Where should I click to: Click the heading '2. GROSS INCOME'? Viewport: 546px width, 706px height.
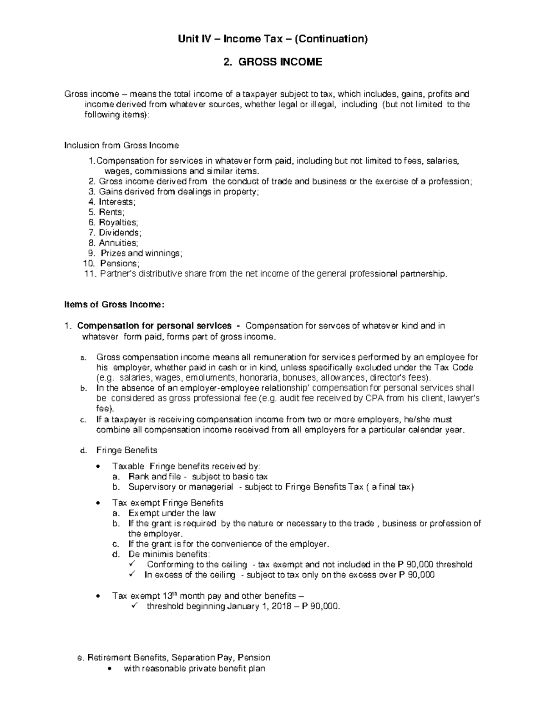click(x=273, y=62)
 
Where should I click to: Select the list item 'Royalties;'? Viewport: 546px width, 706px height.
click(x=118, y=222)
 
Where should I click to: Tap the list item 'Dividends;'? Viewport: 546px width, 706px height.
click(x=120, y=233)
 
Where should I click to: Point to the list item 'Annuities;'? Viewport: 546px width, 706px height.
click(x=118, y=243)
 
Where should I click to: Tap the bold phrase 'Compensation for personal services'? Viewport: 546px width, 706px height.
click(x=154, y=326)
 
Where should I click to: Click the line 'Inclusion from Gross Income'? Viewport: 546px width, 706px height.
click(x=121, y=145)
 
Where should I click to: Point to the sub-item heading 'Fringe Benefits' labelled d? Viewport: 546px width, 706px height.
click(x=126, y=450)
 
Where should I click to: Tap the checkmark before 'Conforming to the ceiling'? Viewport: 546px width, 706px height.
click(x=133, y=564)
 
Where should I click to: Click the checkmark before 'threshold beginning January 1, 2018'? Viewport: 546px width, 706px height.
click(x=133, y=606)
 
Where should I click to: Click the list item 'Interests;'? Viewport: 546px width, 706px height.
click(x=117, y=202)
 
